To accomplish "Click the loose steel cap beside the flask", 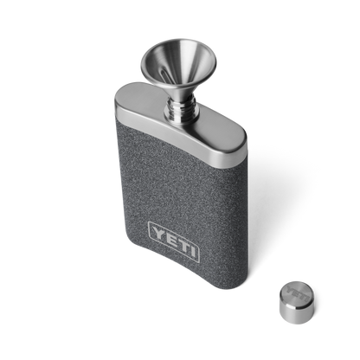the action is point(297,302).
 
